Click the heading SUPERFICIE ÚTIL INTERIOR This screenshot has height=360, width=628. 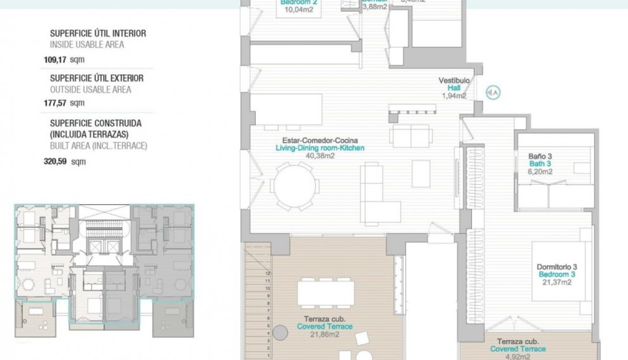98,33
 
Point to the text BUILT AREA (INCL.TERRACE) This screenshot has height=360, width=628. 99,146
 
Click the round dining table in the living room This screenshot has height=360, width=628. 295,186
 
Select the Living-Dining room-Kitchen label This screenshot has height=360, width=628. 320,148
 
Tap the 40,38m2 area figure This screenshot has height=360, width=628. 320,155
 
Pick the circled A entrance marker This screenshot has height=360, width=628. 493,93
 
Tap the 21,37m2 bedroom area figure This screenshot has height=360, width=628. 557,282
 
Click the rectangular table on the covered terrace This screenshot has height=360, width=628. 326,293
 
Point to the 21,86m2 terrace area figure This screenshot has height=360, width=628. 325,334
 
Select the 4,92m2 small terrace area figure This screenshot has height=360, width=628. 518,356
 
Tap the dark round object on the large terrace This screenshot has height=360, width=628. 280,332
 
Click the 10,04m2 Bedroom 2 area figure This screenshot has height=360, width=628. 299,9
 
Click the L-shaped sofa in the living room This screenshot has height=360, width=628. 376,200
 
